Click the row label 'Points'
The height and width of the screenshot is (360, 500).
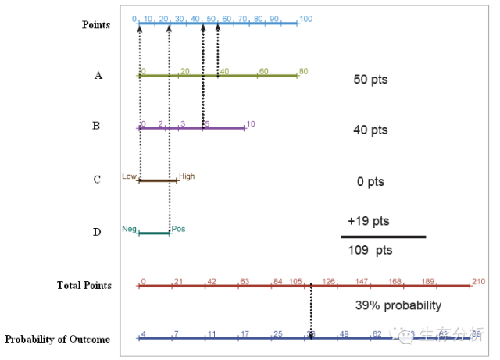[x=96, y=25]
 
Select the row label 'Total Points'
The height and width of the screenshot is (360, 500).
[x=84, y=286]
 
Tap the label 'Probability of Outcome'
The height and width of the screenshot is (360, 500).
[x=57, y=339]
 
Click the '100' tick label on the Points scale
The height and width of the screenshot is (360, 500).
[x=305, y=19]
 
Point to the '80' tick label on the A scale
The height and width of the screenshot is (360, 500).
[x=303, y=71]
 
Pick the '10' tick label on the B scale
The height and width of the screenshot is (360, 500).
[x=250, y=123]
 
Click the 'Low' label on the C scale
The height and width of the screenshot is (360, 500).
[x=129, y=176]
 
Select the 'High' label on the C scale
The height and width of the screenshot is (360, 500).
[x=187, y=176]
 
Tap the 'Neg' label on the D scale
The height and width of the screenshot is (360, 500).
[x=129, y=229]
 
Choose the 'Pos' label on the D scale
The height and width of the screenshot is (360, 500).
[x=178, y=229]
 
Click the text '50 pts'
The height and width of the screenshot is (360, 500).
[x=370, y=80]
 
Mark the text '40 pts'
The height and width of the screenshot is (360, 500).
[x=370, y=130]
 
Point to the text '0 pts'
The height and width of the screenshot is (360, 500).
[x=370, y=182]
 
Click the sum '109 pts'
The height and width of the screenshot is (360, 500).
[x=370, y=251]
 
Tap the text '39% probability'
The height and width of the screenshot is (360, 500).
[x=398, y=305]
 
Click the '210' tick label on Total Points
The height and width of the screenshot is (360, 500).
[x=478, y=281]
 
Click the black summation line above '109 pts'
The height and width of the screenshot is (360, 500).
[x=384, y=237]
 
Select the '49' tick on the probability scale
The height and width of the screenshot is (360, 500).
[x=344, y=333]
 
